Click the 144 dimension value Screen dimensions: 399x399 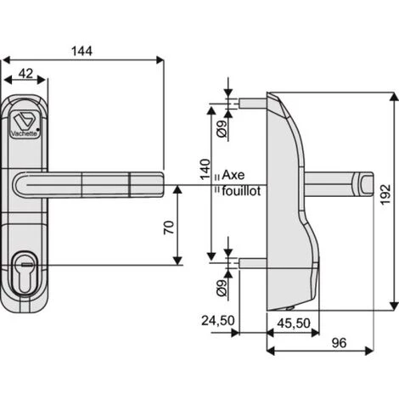(x=81, y=51)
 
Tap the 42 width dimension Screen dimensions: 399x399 (x=25, y=74)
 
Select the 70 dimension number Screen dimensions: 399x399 (x=169, y=228)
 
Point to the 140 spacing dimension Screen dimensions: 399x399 (x=205, y=169)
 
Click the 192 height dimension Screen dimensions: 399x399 (x=385, y=194)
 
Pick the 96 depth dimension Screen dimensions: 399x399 (x=339, y=343)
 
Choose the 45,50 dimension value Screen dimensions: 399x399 (x=294, y=323)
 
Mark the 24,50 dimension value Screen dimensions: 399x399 (x=218, y=321)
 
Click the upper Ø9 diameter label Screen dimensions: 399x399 (x=222, y=128)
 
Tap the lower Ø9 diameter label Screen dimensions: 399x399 (x=222, y=288)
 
